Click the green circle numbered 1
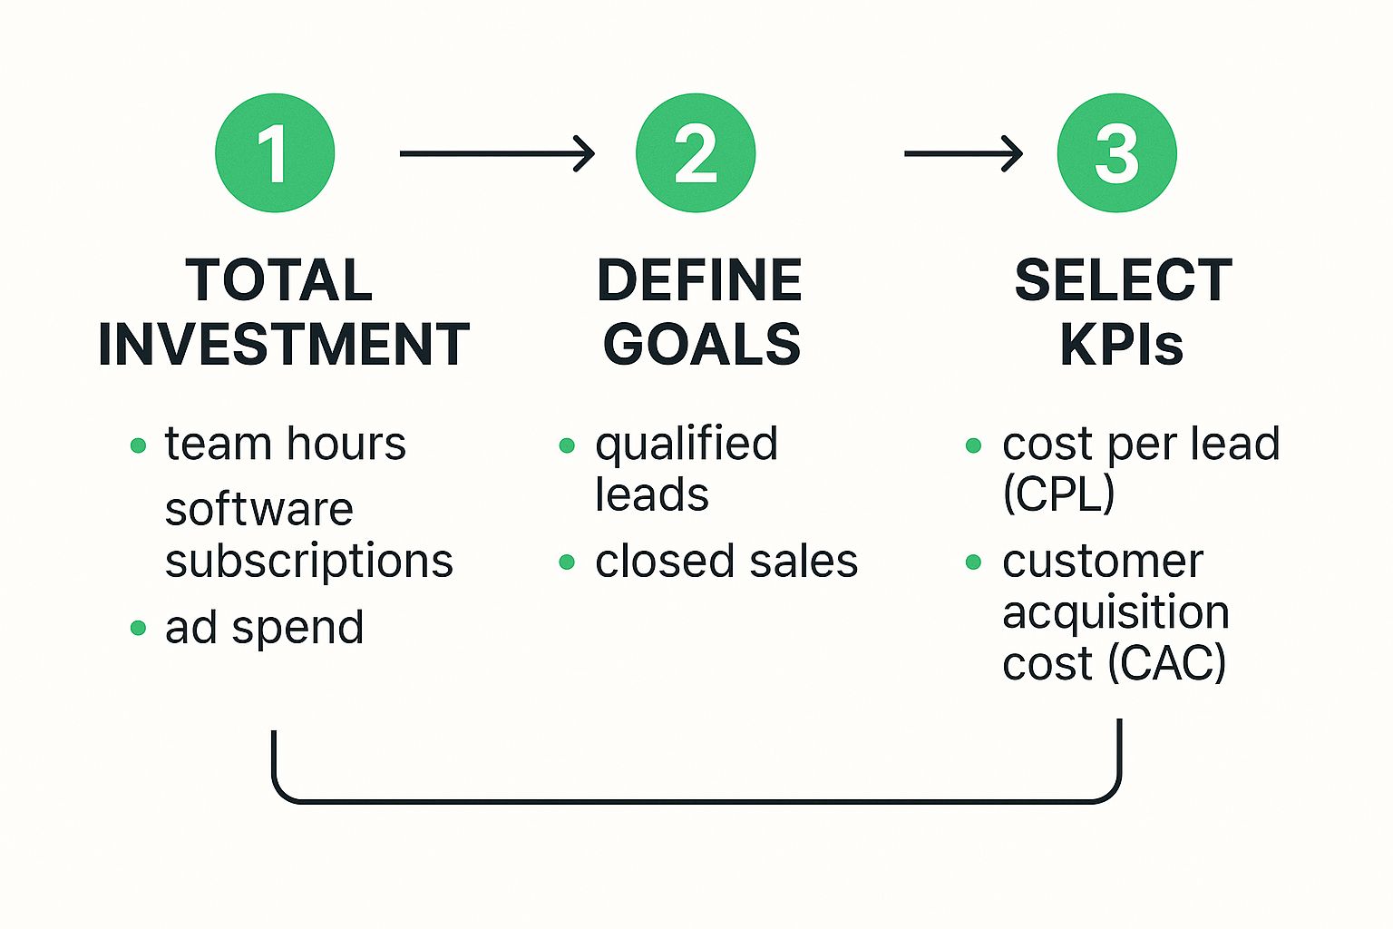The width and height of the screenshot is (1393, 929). (275, 153)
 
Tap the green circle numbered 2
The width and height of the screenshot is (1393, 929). (696, 153)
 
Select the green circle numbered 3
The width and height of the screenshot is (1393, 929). (1116, 153)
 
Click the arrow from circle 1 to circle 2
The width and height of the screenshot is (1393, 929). (497, 153)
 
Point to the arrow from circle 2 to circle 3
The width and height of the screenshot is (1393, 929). (963, 153)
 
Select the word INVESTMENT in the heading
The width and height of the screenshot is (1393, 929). (283, 345)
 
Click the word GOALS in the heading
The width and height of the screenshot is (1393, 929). (702, 345)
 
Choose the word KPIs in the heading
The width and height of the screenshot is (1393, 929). (1122, 345)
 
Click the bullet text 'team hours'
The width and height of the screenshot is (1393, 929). (285, 444)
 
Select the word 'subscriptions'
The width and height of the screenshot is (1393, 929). (308, 561)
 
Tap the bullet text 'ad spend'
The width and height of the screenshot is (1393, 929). (264, 627)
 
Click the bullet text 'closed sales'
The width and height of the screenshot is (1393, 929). (726, 561)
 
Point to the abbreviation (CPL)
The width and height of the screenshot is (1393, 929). (1058, 494)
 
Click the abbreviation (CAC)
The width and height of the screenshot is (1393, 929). (1167, 663)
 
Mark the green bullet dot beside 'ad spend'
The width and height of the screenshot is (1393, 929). (138, 628)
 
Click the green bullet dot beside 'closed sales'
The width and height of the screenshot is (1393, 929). (567, 562)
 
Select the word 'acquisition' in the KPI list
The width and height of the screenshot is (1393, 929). (1115, 612)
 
